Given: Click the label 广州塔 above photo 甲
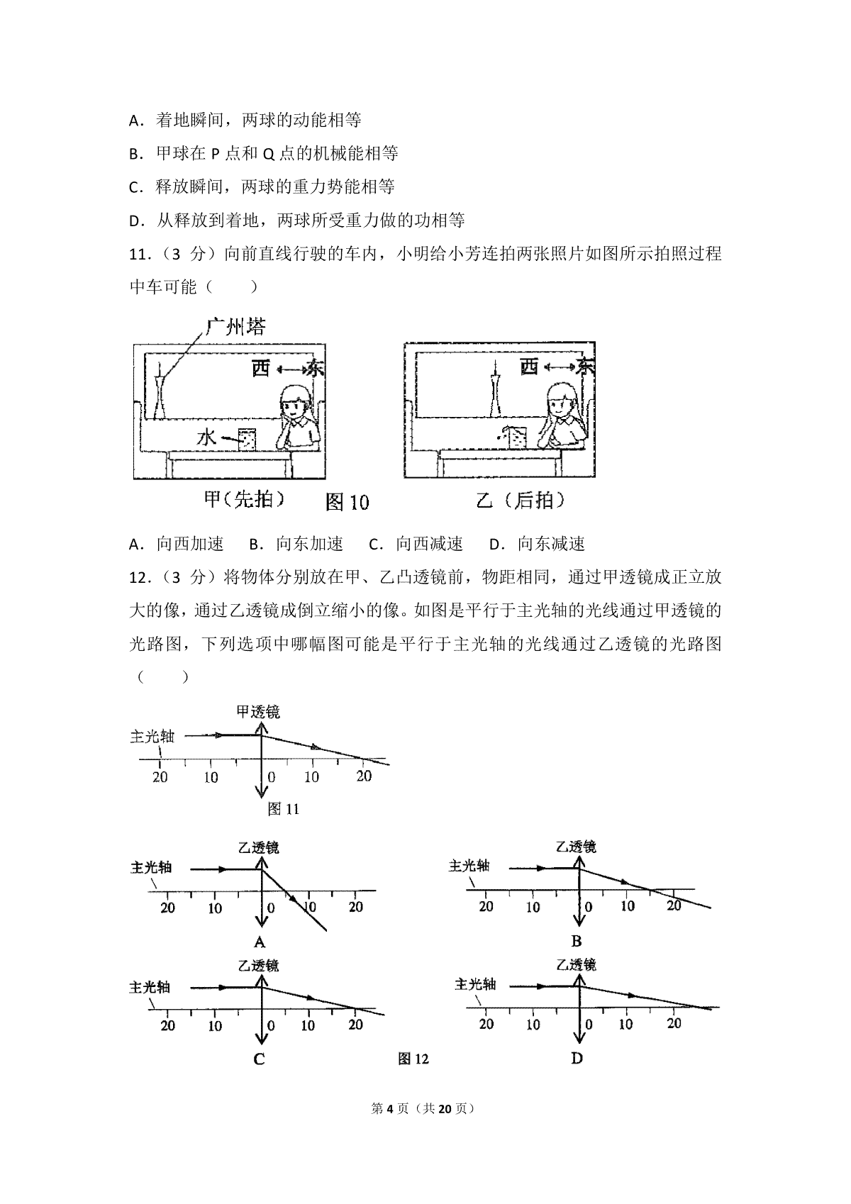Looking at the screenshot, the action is [236, 326].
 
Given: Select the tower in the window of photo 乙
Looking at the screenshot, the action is [494, 388].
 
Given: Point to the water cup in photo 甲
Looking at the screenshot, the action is [247, 439].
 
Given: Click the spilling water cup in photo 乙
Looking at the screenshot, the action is [514, 437].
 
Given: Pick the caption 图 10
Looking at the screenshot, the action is [347, 502].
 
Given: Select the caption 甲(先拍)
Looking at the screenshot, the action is [245, 499].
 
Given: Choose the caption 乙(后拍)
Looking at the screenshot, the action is [521, 501].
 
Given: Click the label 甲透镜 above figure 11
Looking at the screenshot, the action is [258, 712].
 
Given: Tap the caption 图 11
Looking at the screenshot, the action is [283, 808].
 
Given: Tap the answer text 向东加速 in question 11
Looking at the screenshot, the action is [310, 544].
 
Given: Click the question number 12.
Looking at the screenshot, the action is [140, 578].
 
